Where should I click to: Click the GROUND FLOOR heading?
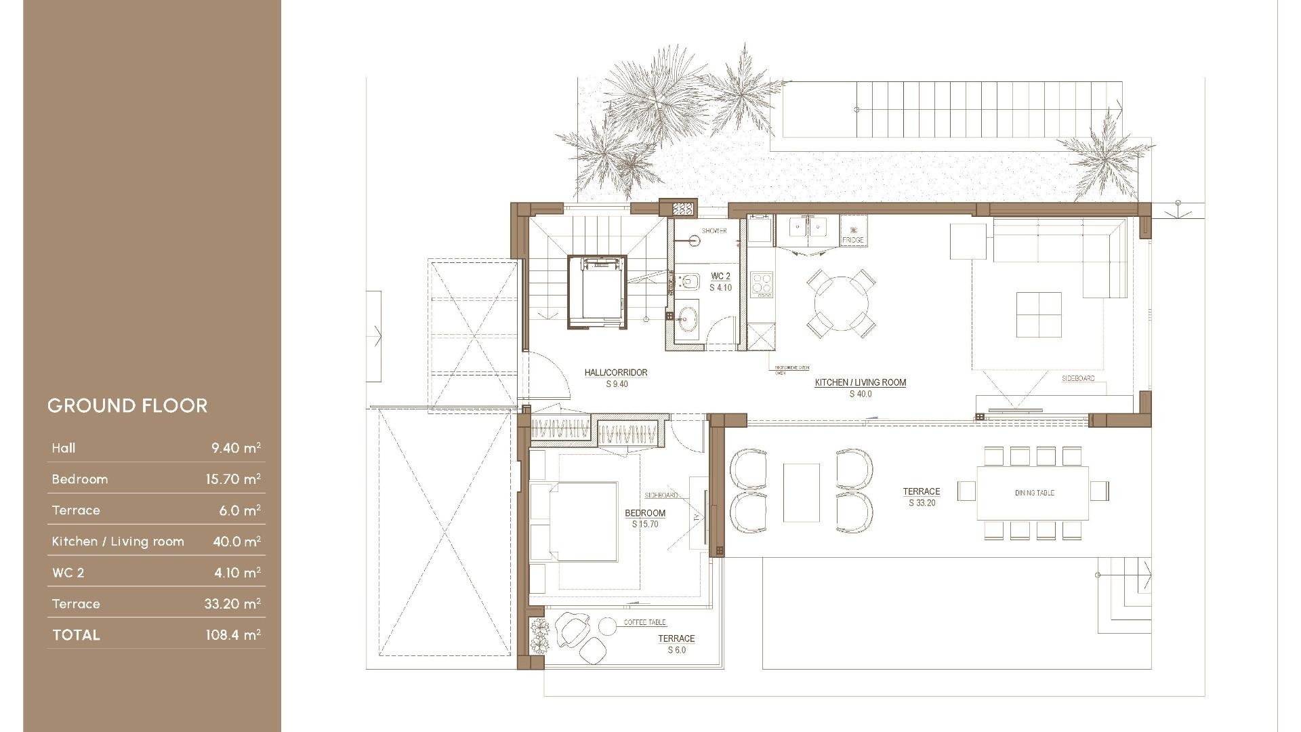click(127, 405)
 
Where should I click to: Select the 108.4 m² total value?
click(233, 635)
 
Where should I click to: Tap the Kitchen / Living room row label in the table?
click(118, 542)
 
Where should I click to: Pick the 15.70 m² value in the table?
click(233, 479)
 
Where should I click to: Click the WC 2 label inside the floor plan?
click(720, 277)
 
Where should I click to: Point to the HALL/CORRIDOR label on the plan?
click(616, 373)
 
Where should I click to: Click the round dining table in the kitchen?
click(841, 303)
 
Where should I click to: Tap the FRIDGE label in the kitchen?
click(852, 241)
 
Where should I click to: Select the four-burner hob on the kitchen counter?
click(762, 284)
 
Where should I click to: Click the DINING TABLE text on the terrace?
click(1034, 493)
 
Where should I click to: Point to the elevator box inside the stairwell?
click(597, 292)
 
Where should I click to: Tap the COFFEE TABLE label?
click(644, 622)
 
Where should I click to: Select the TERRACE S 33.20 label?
click(921, 497)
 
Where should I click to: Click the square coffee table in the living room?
click(1039, 314)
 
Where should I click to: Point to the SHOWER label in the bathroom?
click(714, 231)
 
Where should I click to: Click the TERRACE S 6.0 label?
click(676, 644)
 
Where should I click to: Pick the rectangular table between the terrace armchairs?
click(801, 493)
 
